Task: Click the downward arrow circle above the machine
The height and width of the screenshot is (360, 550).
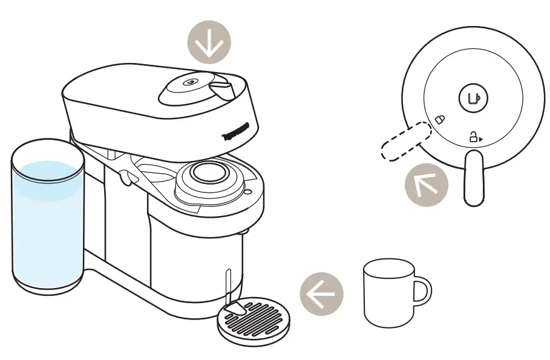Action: pos(209,44)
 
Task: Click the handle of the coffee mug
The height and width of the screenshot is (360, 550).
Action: pos(422,292)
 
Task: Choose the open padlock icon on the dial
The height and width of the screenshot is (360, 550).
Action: pos(472,138)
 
